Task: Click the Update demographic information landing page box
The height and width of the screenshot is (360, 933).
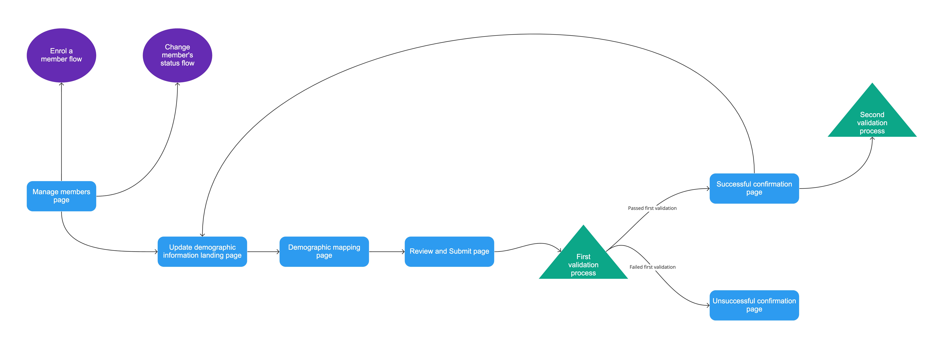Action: coord(202,251)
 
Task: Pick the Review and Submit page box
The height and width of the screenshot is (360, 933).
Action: coord(449,251)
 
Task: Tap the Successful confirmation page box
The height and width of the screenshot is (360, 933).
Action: coord(754,188)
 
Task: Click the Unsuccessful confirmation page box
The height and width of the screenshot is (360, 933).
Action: coord(754,305)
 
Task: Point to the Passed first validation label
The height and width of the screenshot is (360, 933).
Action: coord(652,208)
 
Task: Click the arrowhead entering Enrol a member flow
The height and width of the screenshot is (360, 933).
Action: coord(62,84)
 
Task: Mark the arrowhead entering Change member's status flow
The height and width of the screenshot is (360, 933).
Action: coord(178,84)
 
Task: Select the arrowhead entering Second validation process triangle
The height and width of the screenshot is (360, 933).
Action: coord(872,138)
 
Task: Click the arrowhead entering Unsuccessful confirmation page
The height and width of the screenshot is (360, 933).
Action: coord(708,305)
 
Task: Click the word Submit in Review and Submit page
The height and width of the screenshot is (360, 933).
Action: coord(460,251)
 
